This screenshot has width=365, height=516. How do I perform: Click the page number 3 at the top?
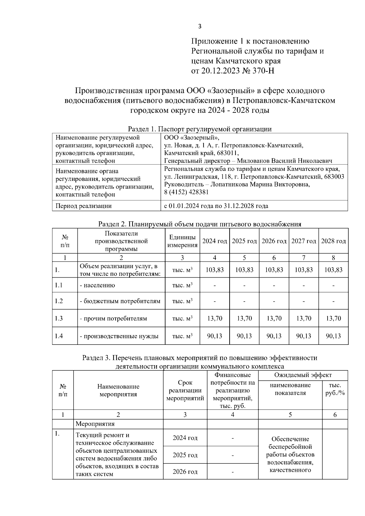[200, 26]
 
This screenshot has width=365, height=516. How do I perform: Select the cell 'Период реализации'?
[83, 206]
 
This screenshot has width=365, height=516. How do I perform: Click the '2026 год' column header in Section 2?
[274, 241]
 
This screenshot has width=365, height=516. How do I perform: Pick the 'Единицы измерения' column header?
[182, 241]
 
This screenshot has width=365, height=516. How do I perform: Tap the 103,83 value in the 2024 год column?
[215, 270]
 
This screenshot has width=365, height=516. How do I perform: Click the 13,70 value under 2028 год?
[333, 318]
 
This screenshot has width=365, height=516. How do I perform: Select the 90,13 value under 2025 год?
[244, 336]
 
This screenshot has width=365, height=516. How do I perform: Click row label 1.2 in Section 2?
[59, 301]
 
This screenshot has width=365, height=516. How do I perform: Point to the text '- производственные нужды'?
[119, 336]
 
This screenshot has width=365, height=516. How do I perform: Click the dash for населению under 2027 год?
[304, 286]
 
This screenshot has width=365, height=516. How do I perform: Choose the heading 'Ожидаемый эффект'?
[303, 375]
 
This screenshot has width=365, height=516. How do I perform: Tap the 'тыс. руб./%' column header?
[335, 389]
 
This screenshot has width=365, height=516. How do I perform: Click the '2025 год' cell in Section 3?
[185, 455]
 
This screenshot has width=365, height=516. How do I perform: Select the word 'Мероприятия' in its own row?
[95, 424]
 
